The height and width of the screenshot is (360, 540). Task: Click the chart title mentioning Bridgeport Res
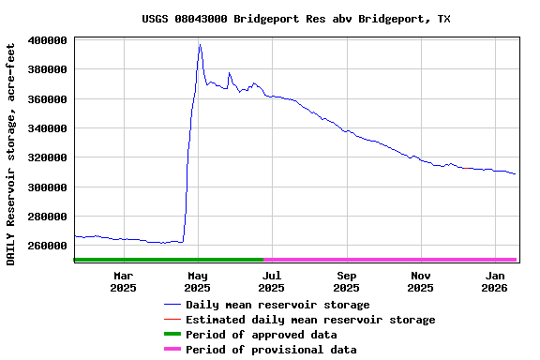click(x=296, y=19)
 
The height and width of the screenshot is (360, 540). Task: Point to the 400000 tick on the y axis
click(x=47, y=40)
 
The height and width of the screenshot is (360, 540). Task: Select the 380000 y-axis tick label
click(x=47, y=69)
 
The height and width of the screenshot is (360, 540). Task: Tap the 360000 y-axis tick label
click(x=47, y=99)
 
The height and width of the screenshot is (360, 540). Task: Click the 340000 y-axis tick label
click(x=47, y=128)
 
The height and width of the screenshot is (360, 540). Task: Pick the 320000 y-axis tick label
click(x=47, y=157)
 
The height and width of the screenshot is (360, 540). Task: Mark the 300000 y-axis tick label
click(x=47, y=187)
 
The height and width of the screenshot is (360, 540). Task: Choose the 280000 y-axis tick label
click(x=47, y=217)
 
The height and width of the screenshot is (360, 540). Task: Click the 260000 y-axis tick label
click(x=47, y=246)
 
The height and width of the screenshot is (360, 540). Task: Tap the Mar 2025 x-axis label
click(x=123, y=281)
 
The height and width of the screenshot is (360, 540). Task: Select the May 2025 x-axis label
click(x=198, y=281)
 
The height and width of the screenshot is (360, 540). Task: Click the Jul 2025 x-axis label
click(x=272, y=281)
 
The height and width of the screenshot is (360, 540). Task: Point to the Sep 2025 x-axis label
click(x=347, y=281)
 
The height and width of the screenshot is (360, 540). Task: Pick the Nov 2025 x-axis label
click(x=421, y=281)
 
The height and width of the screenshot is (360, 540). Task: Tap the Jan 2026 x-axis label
click(x=496, y=281)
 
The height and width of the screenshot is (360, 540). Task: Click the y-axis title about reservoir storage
click(x=11, y=154)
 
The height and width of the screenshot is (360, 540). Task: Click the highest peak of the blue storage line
click(x=200, y=44)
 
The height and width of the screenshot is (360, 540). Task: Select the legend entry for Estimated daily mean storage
click(x=310, y=320)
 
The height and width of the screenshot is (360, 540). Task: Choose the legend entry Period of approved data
click(x=262, y=335)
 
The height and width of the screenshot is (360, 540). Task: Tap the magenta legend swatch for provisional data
click(x=172, y=350)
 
